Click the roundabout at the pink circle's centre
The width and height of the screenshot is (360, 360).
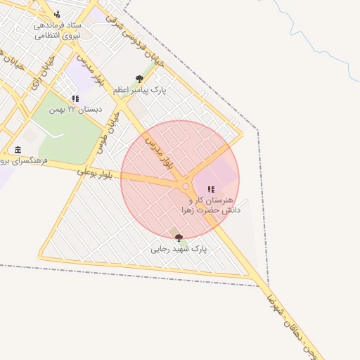tap(186, 186)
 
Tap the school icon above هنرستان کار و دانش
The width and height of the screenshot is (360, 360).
tap(211, 189)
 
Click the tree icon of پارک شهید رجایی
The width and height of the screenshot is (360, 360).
tap(179, 238)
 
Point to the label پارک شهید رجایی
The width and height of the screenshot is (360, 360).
tap(179, 249)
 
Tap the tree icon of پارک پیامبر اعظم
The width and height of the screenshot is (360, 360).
tap(139, 79)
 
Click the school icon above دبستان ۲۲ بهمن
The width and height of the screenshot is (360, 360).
tap(75, 99)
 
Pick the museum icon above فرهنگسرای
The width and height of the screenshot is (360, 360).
tap(18, 150)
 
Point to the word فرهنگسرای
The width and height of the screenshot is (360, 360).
tap(25, 161)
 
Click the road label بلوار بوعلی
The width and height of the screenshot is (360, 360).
tap(96, 171)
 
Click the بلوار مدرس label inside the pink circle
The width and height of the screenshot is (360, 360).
tap(159, 153)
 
